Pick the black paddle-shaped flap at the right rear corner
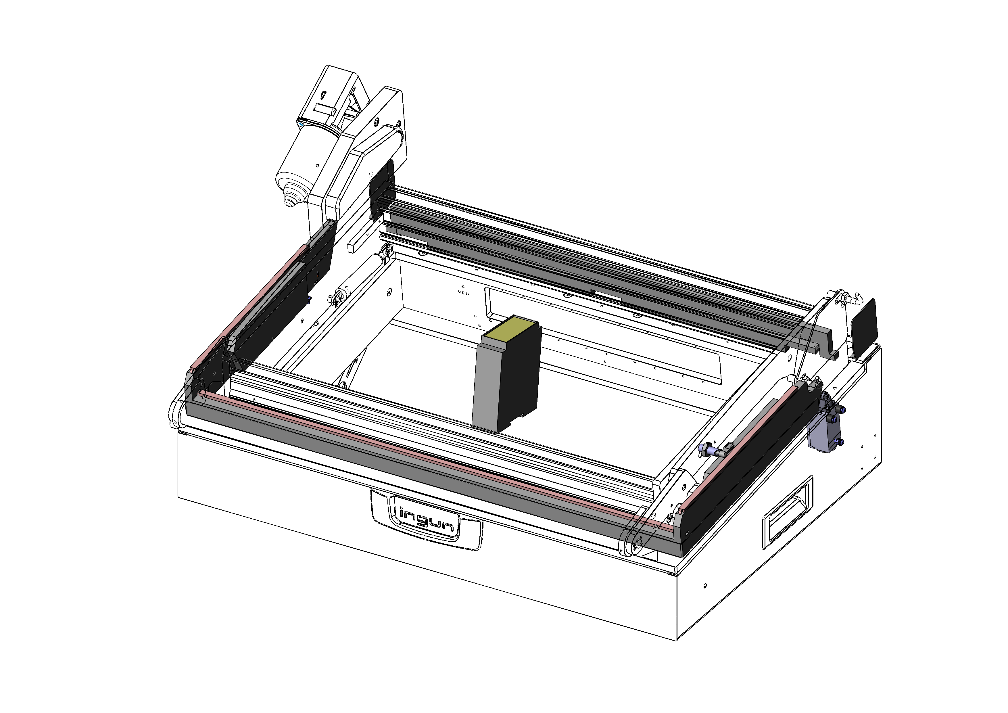[x=864, y=327]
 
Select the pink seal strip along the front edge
[x=435, y=459]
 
